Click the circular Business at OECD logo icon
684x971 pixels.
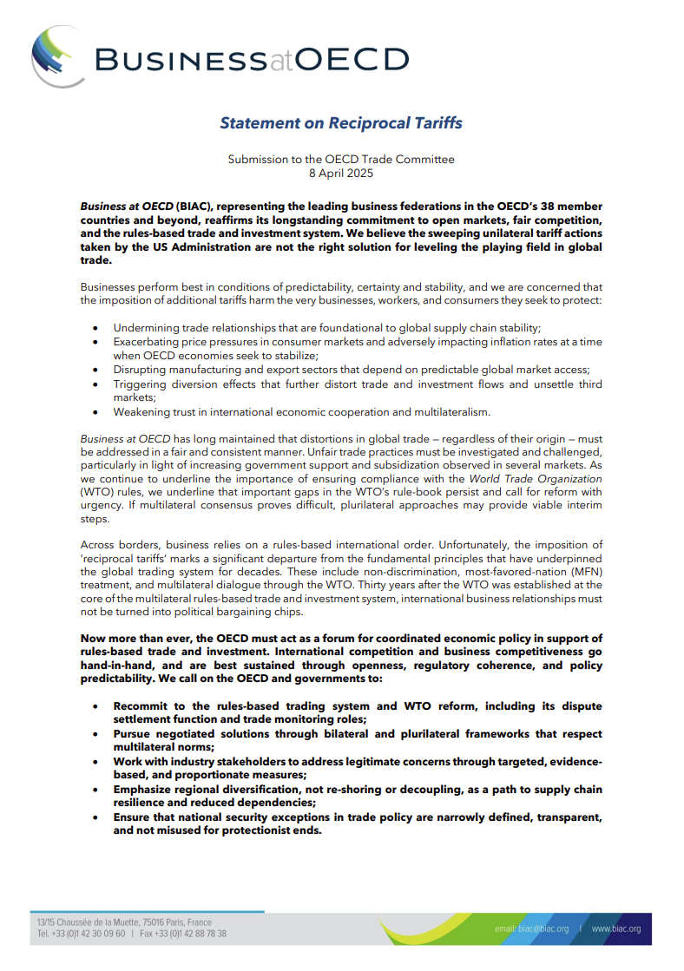point(57,56)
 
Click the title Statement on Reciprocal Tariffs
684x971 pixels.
point(340,122)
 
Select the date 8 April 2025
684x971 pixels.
point(341,173)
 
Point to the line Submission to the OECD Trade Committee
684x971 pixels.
point(341,160)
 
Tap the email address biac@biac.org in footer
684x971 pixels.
point(531,929)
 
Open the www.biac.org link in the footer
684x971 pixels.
point(616,929)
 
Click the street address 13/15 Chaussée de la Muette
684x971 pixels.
point(93,922)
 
